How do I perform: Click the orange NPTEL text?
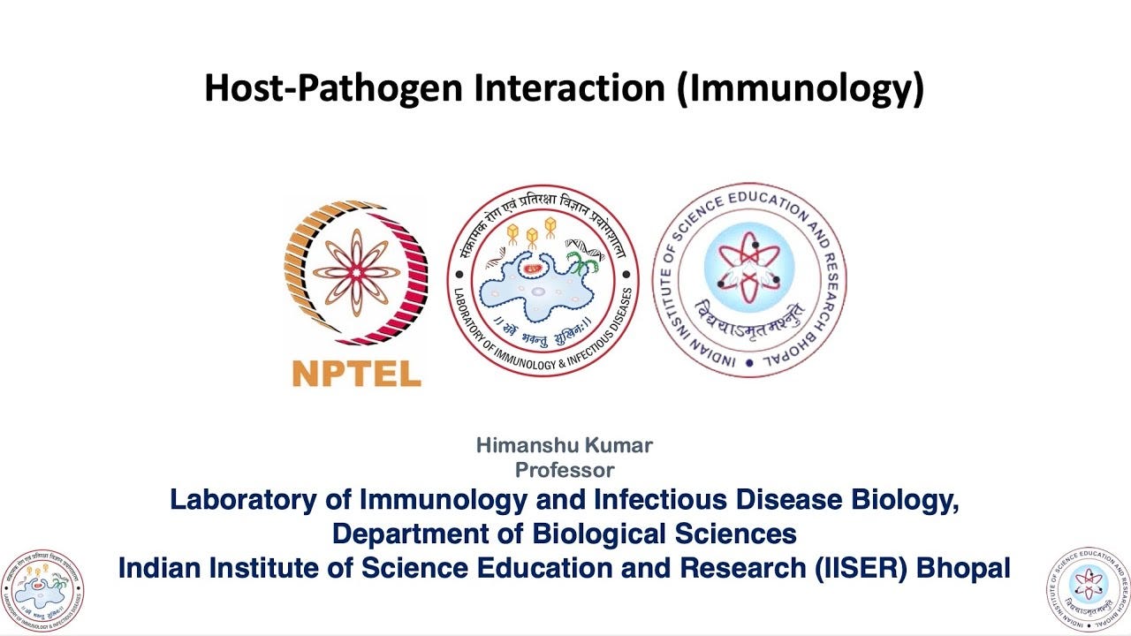tap(356, 374)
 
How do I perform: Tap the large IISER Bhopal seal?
tap(748, 279)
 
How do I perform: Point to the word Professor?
tap(565, 470)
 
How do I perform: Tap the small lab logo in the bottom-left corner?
tap(42, 590)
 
